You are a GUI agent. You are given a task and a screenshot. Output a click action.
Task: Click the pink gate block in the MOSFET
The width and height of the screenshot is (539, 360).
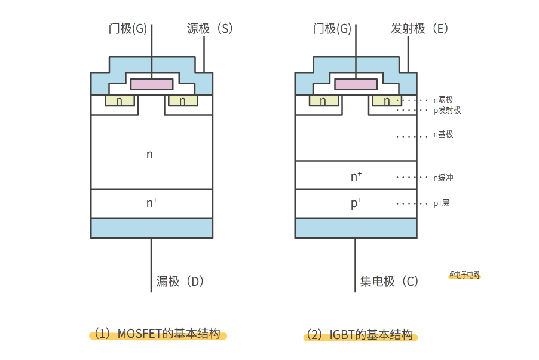pyautogui.click(x=152, y=84)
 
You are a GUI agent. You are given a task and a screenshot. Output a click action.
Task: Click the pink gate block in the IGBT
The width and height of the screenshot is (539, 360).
pyautogui.click(x=356, y=84)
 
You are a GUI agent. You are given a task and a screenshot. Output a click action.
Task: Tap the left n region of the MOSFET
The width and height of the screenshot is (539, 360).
pyautogui.click(x=120, y=100)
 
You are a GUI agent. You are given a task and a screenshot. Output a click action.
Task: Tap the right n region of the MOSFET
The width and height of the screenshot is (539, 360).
pyautogui.click(x=183, y=100)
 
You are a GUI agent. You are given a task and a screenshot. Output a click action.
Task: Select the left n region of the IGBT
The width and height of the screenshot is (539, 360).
pyautogui.click(x=323, y=100)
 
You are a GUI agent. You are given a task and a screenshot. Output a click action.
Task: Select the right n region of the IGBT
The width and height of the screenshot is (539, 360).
pyautogui.click(x=387, y=100)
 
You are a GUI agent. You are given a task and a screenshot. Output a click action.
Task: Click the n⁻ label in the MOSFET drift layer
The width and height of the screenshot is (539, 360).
pyautogui.click(x=151, y=154)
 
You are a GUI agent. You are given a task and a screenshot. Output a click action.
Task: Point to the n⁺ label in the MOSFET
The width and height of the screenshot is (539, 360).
pyautogui.click(x=152, y=203)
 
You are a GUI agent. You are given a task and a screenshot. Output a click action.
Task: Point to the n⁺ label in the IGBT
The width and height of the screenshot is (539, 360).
pyautogui.click(x=356, y=176)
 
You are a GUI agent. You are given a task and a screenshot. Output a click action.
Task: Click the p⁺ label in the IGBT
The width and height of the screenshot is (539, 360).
pyautogui.click(x=356, y=203)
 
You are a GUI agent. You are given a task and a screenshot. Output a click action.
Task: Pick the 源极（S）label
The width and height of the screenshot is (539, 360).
pyautogui.click(x=209, y=29)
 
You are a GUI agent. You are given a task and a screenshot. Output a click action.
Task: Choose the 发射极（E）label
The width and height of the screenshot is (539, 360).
pyautogui.click(x=419, y=29)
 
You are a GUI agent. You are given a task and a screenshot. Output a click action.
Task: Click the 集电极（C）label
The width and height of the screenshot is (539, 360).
pyautogui.click(x=389, y=282)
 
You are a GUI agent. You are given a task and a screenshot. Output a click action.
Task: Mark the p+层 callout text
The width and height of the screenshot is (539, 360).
pyautogui.click(x=442, y=203)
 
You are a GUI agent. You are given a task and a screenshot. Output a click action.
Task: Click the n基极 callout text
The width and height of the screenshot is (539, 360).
pyautogui.click(x=444, y=135)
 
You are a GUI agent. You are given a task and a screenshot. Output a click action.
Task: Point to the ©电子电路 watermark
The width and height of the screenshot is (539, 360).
pyautogui.click(x=465, y=275)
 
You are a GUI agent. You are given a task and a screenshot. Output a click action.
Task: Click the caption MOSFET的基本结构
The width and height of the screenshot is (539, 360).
pyautogui.click(x=158, y=334)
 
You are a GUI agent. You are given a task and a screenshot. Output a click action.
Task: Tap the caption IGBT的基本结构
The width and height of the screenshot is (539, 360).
pyautogui.click(x=360, y=335)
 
